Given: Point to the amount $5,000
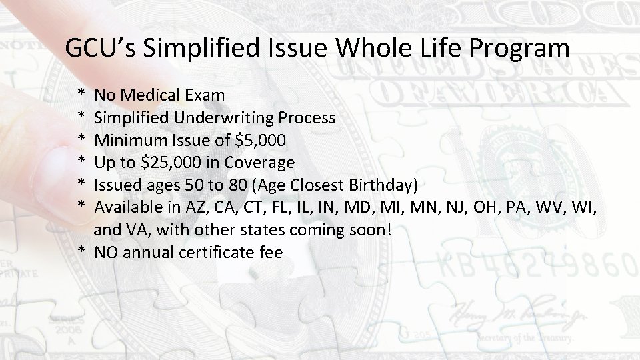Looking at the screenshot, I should coord(263,141).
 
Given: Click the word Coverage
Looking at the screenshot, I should coord(259,163).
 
